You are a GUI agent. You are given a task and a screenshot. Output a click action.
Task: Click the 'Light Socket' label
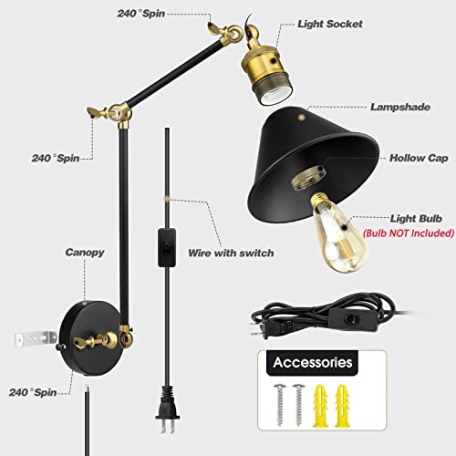330,24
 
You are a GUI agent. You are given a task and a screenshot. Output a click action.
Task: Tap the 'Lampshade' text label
400,107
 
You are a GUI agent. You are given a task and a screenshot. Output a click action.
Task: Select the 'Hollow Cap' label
419,158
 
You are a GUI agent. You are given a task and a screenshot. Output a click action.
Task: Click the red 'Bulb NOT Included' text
409,233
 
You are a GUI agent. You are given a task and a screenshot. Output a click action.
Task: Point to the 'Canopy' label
85,253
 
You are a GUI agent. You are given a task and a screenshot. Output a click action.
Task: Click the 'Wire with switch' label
231,253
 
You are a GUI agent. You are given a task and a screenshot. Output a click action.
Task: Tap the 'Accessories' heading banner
313,363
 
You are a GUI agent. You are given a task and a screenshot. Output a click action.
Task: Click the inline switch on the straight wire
167,248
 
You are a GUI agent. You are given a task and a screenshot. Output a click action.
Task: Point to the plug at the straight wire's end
166,409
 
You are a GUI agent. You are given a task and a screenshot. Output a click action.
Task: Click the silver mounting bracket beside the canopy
36,339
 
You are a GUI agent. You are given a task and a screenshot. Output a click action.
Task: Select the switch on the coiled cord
350,320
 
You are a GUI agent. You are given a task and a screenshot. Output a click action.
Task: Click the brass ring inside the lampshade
308,180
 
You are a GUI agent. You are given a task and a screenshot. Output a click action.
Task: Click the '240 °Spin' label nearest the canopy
33,392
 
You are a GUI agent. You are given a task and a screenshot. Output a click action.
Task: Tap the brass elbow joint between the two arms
119,113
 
